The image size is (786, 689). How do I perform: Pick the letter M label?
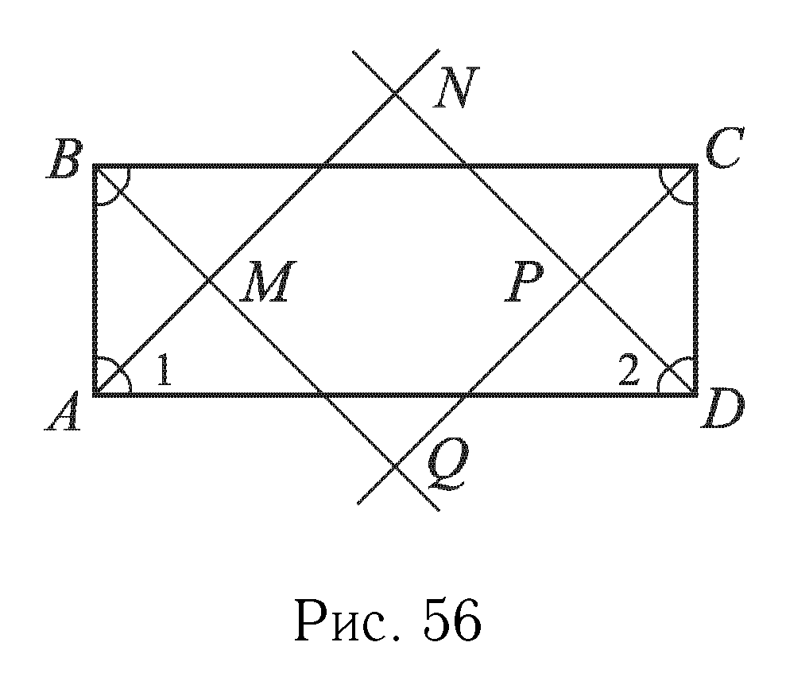(x=267, y=284)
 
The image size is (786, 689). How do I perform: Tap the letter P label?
(x=525, y=284)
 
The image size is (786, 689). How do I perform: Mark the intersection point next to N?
(x=396, y=95)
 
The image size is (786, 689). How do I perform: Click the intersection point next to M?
(x=210, y=280)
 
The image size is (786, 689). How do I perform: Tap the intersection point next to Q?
(x=396, y=465)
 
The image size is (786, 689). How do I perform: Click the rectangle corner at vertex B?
(x=95, y=166)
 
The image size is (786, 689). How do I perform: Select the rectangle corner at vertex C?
(x=696, y=166)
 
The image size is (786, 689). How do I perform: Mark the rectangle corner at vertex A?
(x=95, y=394)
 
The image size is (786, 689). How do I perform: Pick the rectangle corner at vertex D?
(x=696, y=394)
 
